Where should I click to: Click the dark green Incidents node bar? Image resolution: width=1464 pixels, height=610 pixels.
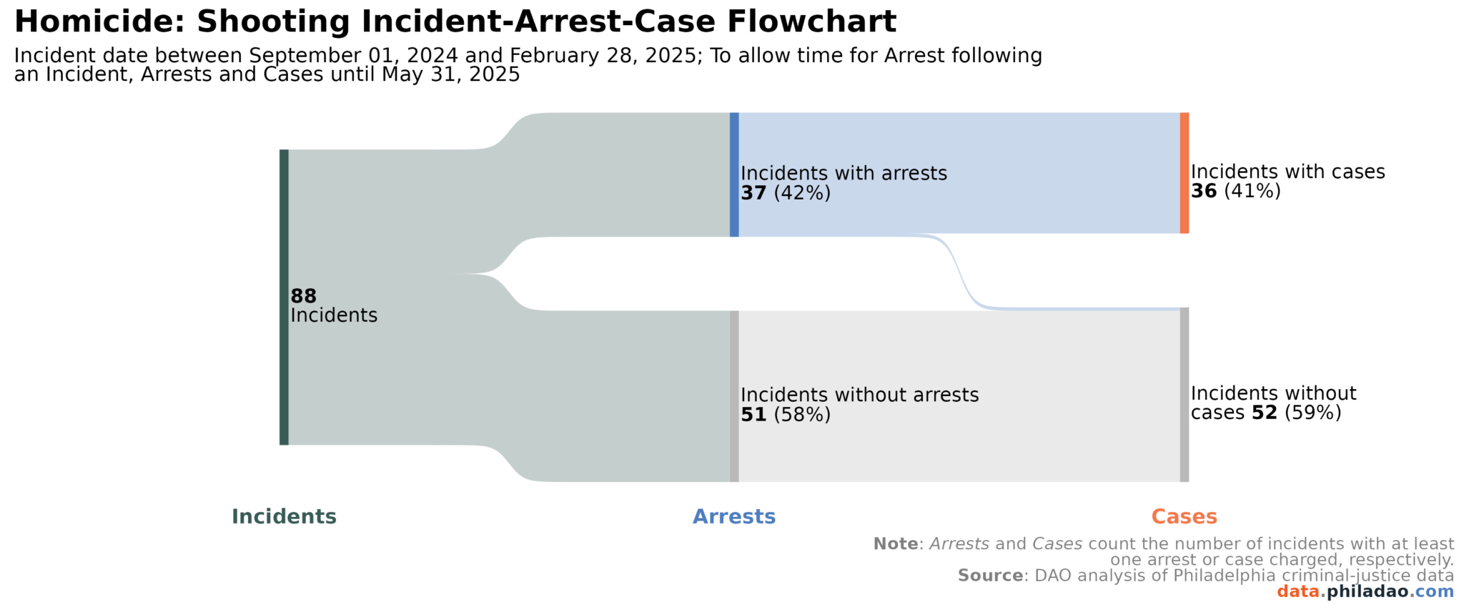(284, 297)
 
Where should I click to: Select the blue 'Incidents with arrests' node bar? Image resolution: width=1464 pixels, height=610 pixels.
(734, 174)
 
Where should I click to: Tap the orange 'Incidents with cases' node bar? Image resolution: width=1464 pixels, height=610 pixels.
(1184, 172)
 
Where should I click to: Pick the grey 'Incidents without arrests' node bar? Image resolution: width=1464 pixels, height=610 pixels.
(734, 396)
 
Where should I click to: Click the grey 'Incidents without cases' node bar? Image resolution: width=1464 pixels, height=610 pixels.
(1184, 395)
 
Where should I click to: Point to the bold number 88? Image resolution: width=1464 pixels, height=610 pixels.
(303, 296)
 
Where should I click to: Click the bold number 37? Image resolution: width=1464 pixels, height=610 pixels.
(753, 193)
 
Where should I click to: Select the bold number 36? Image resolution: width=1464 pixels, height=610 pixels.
(1204, 191)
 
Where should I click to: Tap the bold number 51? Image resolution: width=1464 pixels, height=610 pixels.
(753, 415)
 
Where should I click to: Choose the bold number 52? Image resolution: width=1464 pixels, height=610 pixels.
(1264, 413)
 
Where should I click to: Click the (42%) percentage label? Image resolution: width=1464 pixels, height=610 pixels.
(802, 193)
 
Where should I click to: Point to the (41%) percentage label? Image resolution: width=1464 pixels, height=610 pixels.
(1252, 191)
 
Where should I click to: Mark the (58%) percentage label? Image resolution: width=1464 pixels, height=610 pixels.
(802, 415)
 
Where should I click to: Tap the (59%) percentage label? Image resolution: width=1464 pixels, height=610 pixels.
(1312, 413)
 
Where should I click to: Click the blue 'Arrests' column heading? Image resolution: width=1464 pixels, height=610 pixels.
(734, 516)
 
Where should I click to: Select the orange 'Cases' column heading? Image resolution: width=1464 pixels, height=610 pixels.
(1184, 516)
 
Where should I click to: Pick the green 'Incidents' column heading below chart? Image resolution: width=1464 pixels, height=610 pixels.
(284, 516)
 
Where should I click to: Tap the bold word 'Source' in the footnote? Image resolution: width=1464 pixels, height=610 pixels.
(990, 576)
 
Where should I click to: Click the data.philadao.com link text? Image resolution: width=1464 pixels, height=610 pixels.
(1365, 591)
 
